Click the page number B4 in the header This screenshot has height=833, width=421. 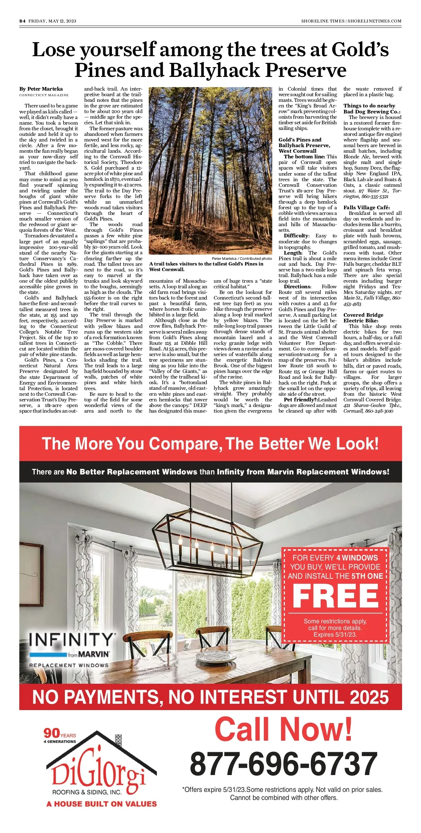[x=22, y=21]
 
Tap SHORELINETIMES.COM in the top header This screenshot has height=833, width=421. [x=374, y=21]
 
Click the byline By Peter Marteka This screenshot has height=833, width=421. [x=41, y=89]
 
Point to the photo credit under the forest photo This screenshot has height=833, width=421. [x=242, y=258]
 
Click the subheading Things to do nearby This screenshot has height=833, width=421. [x=369, y=106]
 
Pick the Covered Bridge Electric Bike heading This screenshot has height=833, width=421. [x=363, y=318]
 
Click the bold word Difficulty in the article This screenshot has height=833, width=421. [x=296, y=236]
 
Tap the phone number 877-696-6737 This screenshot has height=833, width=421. [x=283, y=764]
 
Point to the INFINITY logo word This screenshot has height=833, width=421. [x=72, y=640]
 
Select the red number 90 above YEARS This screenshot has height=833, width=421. [x=52, y=733]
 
